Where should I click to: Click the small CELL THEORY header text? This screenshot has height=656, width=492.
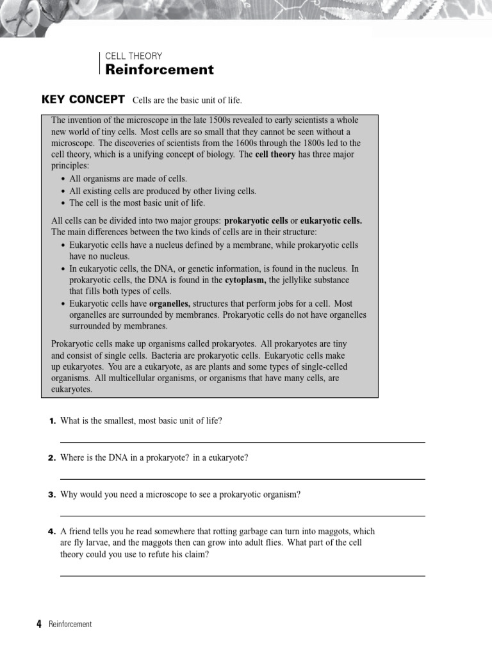[x=134, y=56]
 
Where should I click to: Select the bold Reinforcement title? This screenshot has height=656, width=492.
[x=160, y=70]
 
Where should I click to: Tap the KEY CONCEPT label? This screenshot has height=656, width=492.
[x=83, y=99]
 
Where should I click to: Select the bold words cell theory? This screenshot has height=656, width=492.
[x=275, y=155]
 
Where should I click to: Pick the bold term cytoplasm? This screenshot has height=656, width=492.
[x=245, y=280]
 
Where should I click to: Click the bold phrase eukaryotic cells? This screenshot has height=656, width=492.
[x=331, y=221]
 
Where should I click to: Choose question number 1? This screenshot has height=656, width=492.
[x=53, y=421]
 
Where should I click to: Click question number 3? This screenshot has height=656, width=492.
[x=53, y=495]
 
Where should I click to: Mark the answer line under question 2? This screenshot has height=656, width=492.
[x=242, y=479]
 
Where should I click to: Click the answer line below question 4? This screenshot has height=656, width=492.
[x=242, y=575]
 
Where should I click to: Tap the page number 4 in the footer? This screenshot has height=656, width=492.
[x=39, y=624]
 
